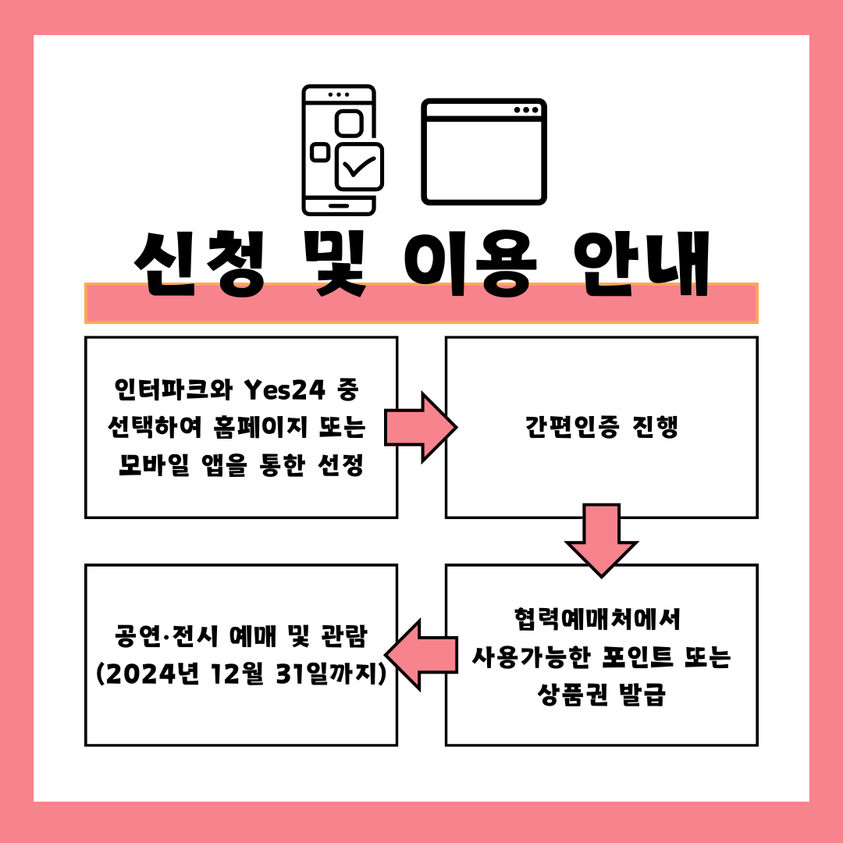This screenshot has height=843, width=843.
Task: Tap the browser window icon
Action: (x=484, y=151)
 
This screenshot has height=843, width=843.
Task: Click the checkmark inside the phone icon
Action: (x=359, y=165)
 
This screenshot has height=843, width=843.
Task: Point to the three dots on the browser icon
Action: (x=526, y=110)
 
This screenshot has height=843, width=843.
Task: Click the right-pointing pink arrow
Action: (x=420, y=427)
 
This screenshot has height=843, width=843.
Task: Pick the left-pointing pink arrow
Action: (x=421, y=654)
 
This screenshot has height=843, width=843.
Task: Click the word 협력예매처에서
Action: (x=598, y=619)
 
